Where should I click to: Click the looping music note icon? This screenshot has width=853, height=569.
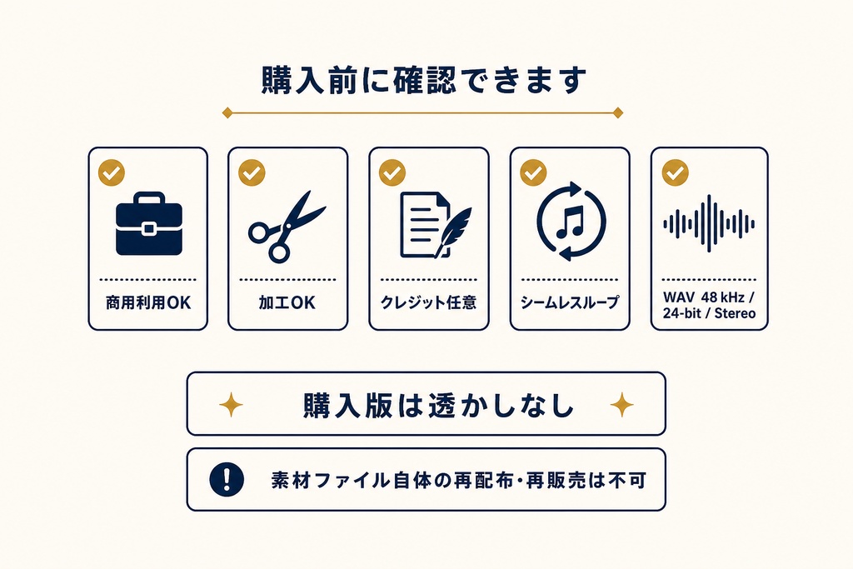(x=571, y=222)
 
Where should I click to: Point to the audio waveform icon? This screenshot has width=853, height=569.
(x=709, y=223)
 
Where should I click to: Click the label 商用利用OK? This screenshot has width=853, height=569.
(x=148, y=302)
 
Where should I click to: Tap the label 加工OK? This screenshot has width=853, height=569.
(x=287, y=302)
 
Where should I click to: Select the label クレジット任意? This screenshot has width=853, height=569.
(x=429, y=302)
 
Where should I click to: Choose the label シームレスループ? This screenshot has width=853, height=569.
(x=570, y=302)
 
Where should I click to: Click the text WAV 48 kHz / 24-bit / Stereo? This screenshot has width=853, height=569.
(x=710, y=305)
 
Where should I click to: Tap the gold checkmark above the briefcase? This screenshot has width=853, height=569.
(x=112, y=172)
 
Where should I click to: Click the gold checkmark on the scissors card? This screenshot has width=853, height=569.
(x=252, y=172)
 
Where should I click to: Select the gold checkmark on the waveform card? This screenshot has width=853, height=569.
(x=675, y=172)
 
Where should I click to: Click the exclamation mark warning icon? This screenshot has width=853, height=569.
(x=227, y=479)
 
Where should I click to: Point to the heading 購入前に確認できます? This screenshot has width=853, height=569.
(x=424, y=81)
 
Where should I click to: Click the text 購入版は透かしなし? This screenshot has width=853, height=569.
(x=438, y=405)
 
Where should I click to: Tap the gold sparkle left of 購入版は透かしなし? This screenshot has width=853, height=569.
(x=232, y=405)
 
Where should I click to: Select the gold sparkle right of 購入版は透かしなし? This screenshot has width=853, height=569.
(x=621, y=405)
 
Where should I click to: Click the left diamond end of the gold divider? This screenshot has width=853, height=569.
(x=227, y=113)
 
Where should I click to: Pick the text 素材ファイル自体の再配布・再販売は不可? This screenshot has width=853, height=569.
(x=459, y=481)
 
